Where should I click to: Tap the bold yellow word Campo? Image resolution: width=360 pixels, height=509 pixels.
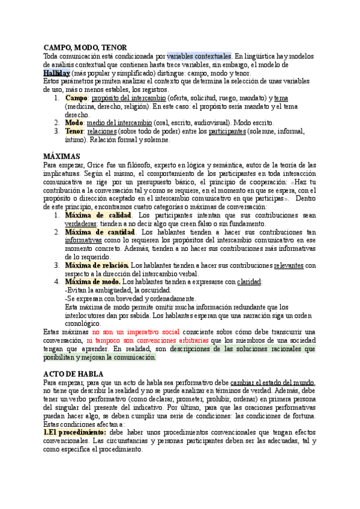pos(76,98)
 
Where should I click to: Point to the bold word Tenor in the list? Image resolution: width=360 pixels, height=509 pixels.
pos(74,131)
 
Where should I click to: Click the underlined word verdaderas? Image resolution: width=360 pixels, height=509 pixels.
pos(80,223)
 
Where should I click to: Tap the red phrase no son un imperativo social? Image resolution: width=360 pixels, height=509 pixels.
pos(136,332)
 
